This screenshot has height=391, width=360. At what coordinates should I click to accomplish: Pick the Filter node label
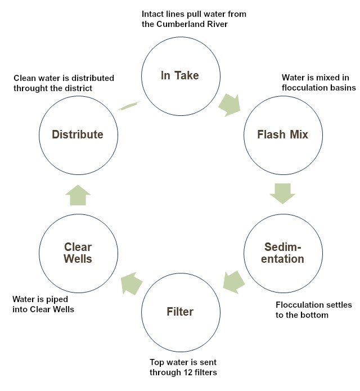point(179,311)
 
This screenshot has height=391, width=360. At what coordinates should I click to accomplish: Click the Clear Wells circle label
point(78,253)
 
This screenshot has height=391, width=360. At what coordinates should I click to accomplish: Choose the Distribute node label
point(78,134)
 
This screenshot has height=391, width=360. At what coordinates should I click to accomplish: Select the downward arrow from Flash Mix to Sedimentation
point(282,192)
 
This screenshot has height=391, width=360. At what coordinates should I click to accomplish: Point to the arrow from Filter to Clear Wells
point(130,281)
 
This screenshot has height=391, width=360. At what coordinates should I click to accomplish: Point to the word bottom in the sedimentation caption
point(315,315)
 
